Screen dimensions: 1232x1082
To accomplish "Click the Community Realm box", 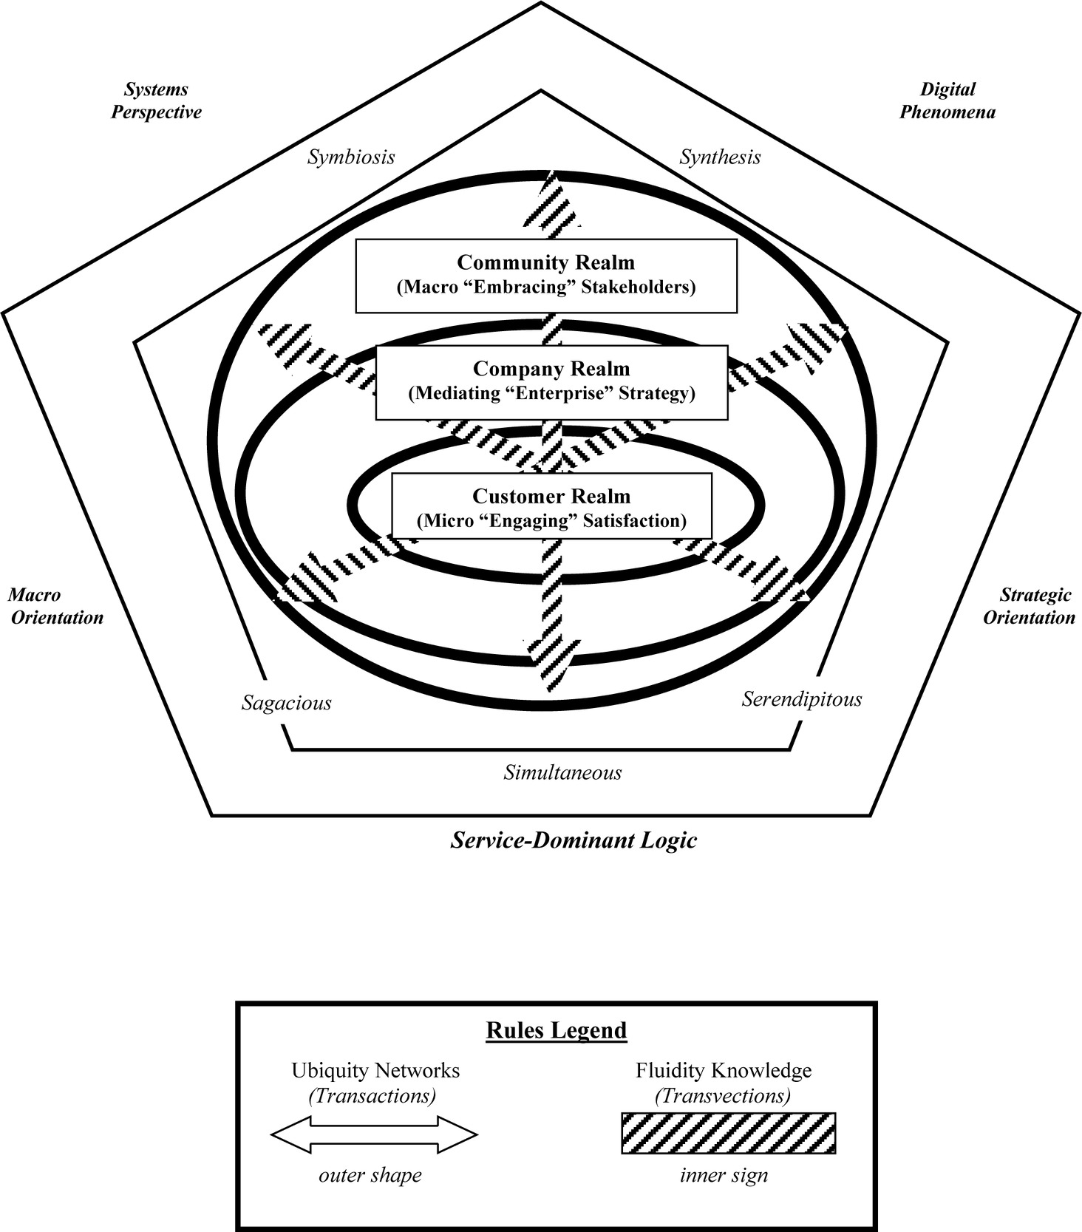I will pos(546,275).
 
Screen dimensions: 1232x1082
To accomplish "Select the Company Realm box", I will pos(551,381).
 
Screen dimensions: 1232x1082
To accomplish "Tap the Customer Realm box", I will pos(551,508).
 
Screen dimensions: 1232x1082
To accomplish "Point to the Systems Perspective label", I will pos(156,101).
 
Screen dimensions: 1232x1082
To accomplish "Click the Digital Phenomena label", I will pos(947,101).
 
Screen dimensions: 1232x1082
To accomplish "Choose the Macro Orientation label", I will pos(55,607).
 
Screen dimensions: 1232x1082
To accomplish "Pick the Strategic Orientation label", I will pos(1029,606).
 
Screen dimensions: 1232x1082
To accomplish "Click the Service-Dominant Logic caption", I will pos(574,840).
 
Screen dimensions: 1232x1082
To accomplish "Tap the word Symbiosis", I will pos(351,157).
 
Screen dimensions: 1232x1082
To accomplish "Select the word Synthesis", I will pos(720,157).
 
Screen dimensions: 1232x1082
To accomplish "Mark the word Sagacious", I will pos(286,703).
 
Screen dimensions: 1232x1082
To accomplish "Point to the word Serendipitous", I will pos(802,698).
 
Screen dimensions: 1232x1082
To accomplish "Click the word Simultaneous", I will pos(562,773).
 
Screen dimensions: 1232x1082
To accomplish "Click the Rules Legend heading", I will pos(557,1030).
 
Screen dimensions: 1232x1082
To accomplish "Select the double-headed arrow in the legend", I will pos(374,1134).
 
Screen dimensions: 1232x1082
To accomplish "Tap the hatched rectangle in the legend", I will pos(728,1134).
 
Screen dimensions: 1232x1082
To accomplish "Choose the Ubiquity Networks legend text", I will pos(375,1070).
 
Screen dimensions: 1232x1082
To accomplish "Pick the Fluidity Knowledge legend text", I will pos(724,1070).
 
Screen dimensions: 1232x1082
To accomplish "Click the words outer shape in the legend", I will pos(370,1176).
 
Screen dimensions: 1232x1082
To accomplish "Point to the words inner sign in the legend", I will pos(724,1176).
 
